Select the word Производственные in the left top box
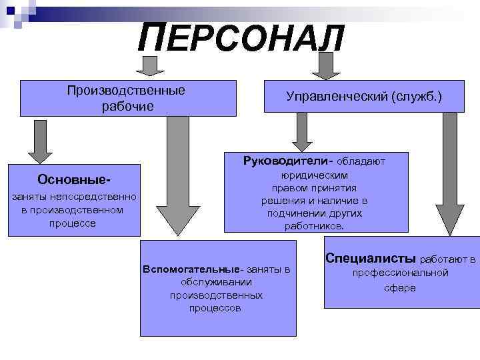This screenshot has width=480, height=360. (x=126, y=91)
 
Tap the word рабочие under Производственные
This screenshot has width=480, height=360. (x=127, y=107)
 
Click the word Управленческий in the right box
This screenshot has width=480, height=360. (x=338, y=97)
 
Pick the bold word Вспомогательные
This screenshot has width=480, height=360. (x=191, y=269)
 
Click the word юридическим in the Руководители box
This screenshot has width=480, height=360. (x=315, y=175)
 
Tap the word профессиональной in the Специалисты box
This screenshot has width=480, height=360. (x=400, y=273)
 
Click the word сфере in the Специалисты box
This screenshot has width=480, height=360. (x=400, y=287)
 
